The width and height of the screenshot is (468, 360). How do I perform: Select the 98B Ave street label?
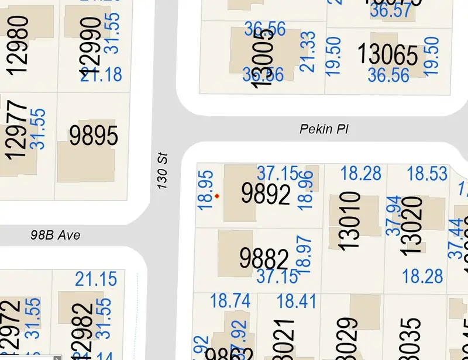[55, 236]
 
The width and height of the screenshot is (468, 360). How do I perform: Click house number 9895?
[94, 136]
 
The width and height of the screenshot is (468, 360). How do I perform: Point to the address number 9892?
[266, 194]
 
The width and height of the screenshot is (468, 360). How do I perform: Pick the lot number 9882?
[264, 258]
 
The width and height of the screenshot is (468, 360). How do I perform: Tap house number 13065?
[388, 56]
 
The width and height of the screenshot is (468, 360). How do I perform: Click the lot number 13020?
[412, 225]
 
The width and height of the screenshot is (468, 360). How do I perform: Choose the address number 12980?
[19, 44]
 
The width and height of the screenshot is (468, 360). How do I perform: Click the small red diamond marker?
[217, 196]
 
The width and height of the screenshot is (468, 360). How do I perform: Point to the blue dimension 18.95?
[205, 191]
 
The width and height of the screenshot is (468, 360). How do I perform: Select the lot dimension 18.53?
[427, 173]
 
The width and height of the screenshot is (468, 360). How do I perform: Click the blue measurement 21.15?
[96, 279]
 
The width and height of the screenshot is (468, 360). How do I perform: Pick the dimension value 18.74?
[230, 301]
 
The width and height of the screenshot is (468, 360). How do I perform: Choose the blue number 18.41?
[297, 301]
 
